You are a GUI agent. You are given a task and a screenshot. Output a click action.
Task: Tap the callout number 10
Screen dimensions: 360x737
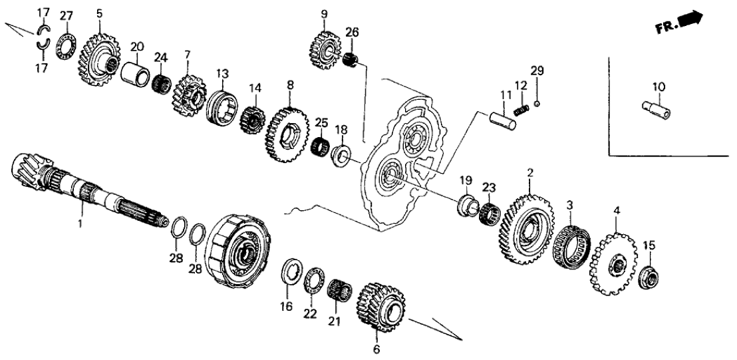click(659, 87)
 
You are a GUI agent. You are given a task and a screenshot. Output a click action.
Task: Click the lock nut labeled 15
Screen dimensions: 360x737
click(648, 275)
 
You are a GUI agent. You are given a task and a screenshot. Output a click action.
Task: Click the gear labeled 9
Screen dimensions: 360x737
click(324, 46)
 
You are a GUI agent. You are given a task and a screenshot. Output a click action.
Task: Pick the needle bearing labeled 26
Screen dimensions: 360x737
click(352, 61)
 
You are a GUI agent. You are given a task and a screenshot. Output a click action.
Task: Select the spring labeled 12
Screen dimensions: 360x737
click(523, 105)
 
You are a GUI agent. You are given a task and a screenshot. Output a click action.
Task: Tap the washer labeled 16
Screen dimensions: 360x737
click(290, 273)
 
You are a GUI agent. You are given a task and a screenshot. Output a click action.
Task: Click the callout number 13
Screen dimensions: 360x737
click(221, 73)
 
